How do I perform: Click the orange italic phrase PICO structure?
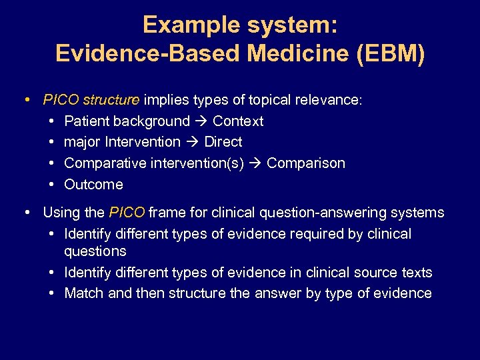pos(91,100)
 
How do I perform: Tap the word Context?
pos(238,121)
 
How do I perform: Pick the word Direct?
pos(223,142)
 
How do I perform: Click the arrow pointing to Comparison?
pos(255,163)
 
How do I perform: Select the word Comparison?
pos(306,163)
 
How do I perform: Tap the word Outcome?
pos(93,185)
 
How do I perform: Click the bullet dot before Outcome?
pos(52,185)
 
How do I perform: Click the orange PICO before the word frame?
pos(126,213)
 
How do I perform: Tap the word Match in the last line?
pos(84,293)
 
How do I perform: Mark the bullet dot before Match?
pos(52,293)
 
